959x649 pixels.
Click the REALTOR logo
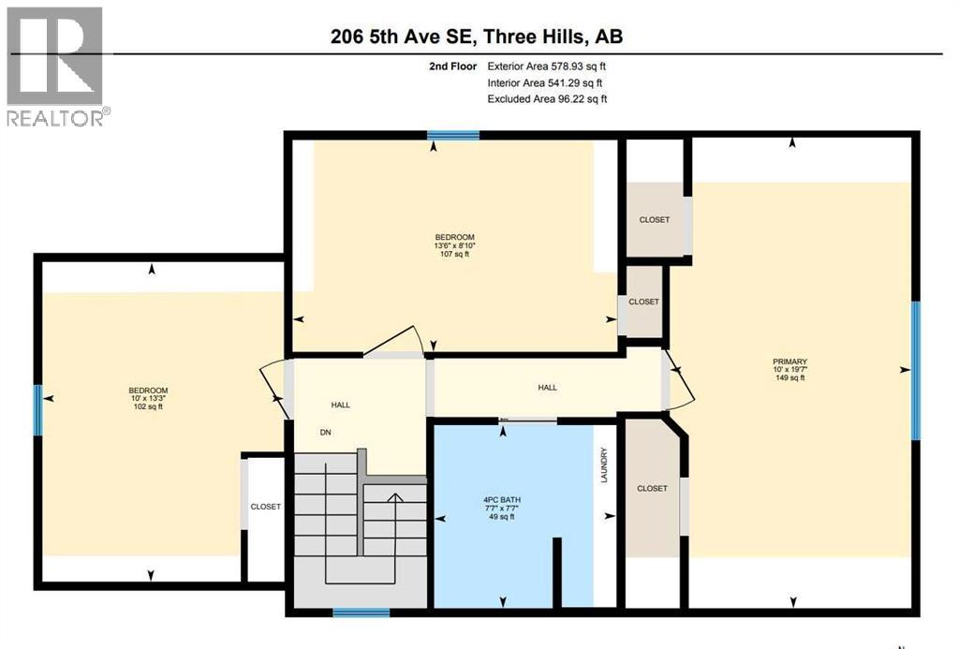click(55, 66)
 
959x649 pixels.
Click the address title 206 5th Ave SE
click(477, 37)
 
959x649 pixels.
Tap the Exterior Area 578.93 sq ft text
click(553, 66)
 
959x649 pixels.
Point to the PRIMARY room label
click(789, 361)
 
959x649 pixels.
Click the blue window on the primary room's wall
click(916, 370)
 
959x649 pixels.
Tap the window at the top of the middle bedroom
click(453, 136)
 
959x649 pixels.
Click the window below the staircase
click(361, 612)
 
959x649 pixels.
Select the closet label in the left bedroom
click(265, 507)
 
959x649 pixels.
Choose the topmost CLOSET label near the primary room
click(655, 219)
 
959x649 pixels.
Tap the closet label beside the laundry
click(652, 489)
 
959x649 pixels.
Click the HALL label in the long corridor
click(547, 388)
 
